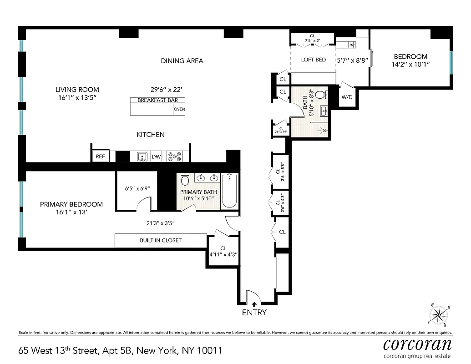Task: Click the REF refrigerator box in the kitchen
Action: (100, 157)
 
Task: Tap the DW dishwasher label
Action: (156, 157)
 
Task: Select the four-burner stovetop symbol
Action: (174, 157)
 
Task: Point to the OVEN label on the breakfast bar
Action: (179, 109)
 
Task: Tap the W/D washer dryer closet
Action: (346, 97)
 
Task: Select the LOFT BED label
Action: (314, 60)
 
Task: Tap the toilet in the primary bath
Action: (184, 181)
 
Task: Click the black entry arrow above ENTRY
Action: (254, 304)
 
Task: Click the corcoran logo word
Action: (417, 344)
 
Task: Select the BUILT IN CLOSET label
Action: (160, 240)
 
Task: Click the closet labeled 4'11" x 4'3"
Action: (223, 252)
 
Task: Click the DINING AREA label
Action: (182, 61)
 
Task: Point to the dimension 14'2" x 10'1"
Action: (410, 64)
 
